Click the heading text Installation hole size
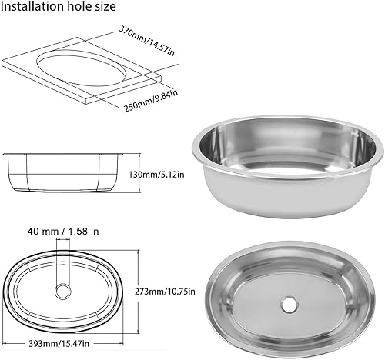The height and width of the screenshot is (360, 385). pos(59,8)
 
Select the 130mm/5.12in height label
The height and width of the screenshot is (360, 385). pos(158,175)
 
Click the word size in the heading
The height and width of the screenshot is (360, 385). pos(104,8)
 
